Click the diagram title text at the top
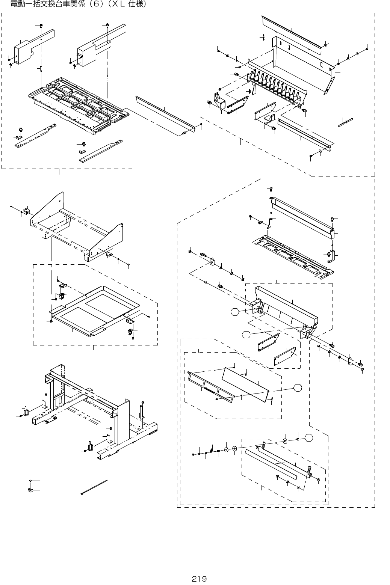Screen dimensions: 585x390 pos(78,4)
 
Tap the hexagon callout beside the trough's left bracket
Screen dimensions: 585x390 pos(235,312)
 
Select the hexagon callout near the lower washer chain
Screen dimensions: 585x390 pos(308,437)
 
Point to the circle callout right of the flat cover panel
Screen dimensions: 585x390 pos(298,388)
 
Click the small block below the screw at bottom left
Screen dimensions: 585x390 pos(30,490)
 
